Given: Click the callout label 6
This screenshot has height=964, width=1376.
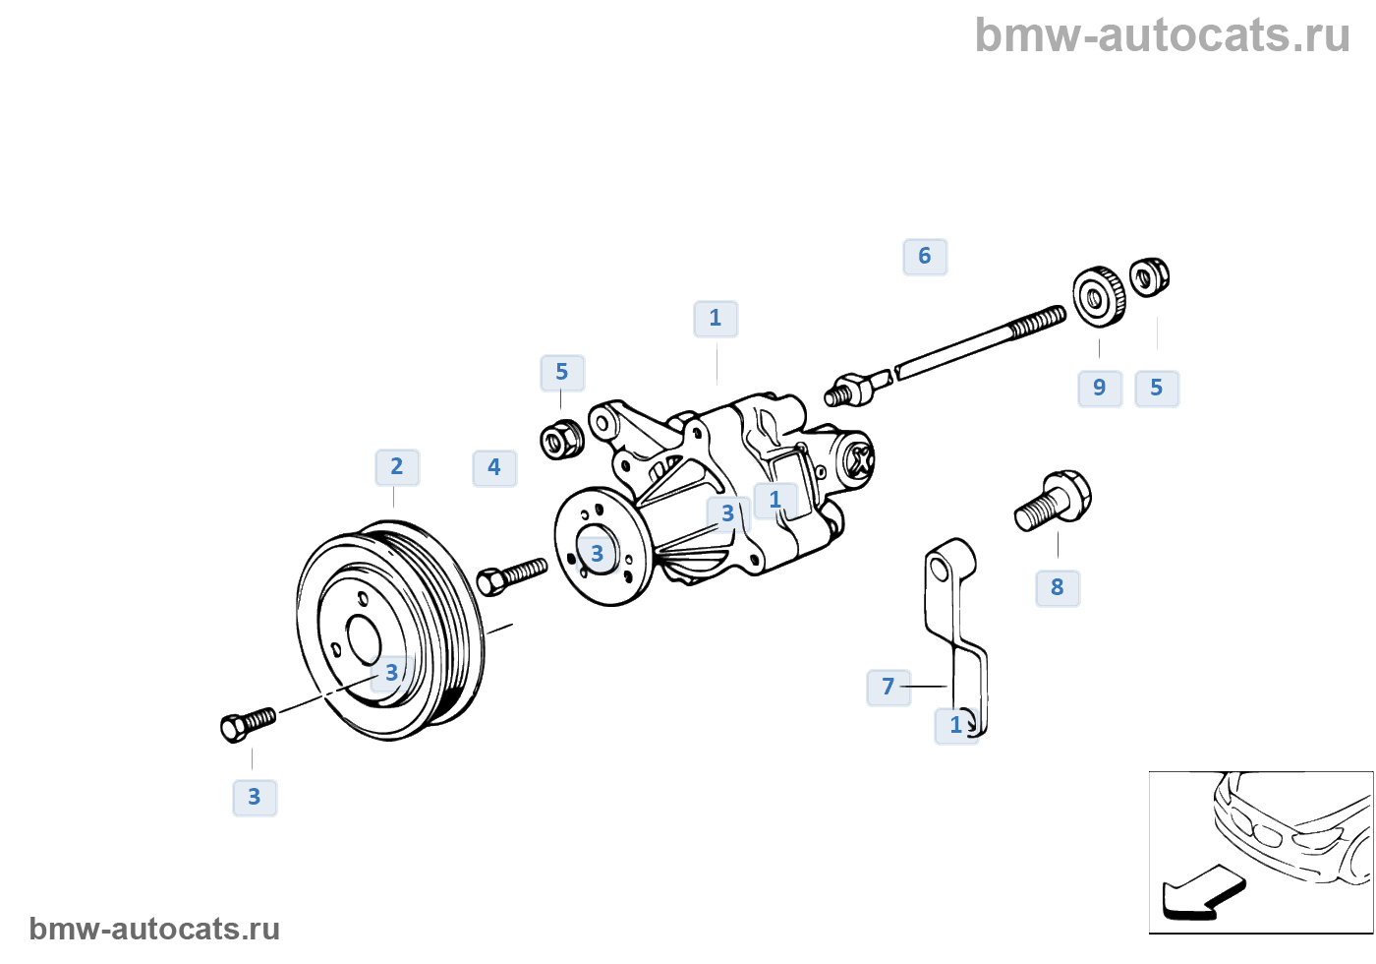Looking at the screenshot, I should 925,257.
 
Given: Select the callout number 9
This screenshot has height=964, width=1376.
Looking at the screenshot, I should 1100,389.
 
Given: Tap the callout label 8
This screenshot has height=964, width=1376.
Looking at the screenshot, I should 1058,588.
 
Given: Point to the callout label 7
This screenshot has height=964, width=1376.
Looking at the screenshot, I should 889,687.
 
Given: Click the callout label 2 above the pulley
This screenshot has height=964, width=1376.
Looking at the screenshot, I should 397,467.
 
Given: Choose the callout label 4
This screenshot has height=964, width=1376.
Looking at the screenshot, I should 494,468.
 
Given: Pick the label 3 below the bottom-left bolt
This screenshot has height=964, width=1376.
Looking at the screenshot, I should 255,798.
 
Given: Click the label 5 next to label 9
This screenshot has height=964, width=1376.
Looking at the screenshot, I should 1157,389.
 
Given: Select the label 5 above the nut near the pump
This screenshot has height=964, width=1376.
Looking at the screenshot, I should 562,373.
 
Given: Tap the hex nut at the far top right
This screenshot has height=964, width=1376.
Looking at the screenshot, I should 1148,277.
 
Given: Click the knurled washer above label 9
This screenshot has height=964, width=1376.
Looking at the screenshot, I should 1098,295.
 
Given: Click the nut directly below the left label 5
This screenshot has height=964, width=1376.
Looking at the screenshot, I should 562,439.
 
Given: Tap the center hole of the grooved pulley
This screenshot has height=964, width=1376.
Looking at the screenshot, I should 364,639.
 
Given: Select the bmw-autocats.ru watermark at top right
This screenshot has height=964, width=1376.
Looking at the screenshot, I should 1162,36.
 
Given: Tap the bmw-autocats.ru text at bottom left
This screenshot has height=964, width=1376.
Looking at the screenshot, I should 154,929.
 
